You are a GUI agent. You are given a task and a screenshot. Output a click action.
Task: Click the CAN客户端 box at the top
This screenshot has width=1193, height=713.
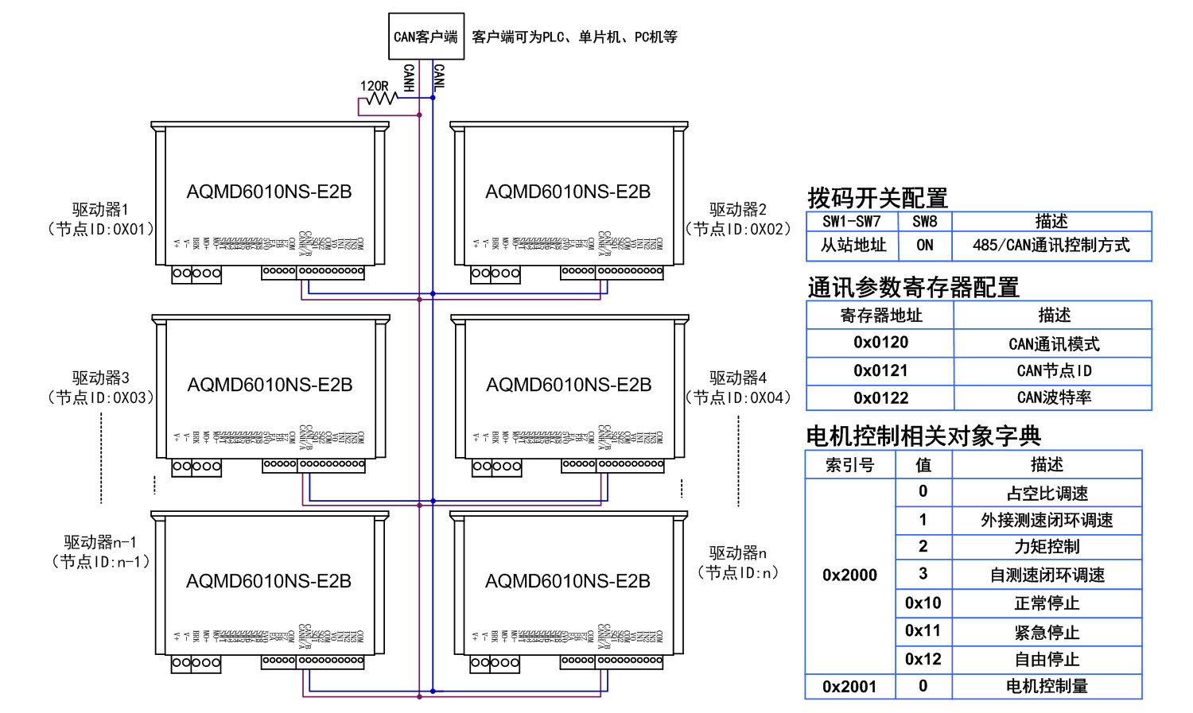426,37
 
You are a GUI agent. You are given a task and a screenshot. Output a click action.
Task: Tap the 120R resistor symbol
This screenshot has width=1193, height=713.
382,98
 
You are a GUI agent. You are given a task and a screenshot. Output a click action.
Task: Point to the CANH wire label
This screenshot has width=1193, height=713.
409,78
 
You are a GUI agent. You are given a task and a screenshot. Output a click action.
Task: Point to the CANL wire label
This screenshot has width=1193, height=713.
439,78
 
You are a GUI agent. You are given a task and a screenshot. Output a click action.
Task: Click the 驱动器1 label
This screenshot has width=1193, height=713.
100,210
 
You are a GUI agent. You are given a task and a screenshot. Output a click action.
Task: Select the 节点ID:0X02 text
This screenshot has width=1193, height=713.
739,230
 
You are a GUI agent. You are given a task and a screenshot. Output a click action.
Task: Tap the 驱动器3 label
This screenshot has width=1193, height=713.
100,378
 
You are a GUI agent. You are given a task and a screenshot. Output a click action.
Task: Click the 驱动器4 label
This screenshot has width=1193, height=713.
738,378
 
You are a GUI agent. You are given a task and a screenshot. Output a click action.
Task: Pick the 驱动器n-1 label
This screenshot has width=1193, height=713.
100,542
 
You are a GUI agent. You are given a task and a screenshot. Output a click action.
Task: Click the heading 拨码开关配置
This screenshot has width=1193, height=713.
877,198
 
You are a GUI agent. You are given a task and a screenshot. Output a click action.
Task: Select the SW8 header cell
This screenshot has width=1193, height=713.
924,222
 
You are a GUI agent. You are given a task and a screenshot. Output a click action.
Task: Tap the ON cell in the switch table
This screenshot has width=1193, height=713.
924,246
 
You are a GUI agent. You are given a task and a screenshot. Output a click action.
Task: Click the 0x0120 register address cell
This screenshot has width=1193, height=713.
880,343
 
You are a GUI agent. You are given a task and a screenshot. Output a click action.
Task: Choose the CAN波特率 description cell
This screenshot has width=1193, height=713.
1054,397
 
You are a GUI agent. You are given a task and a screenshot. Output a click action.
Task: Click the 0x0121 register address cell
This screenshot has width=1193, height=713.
880,370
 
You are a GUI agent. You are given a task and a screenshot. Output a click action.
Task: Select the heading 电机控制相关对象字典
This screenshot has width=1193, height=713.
923,436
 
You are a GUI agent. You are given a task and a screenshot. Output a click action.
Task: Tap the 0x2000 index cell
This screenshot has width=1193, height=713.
849,575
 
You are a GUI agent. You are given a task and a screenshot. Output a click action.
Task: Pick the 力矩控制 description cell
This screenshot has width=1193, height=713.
1047,547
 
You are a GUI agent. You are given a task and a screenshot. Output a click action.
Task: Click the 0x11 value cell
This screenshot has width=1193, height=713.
923,631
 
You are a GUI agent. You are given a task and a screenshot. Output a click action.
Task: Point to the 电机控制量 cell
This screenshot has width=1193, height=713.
1047,686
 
